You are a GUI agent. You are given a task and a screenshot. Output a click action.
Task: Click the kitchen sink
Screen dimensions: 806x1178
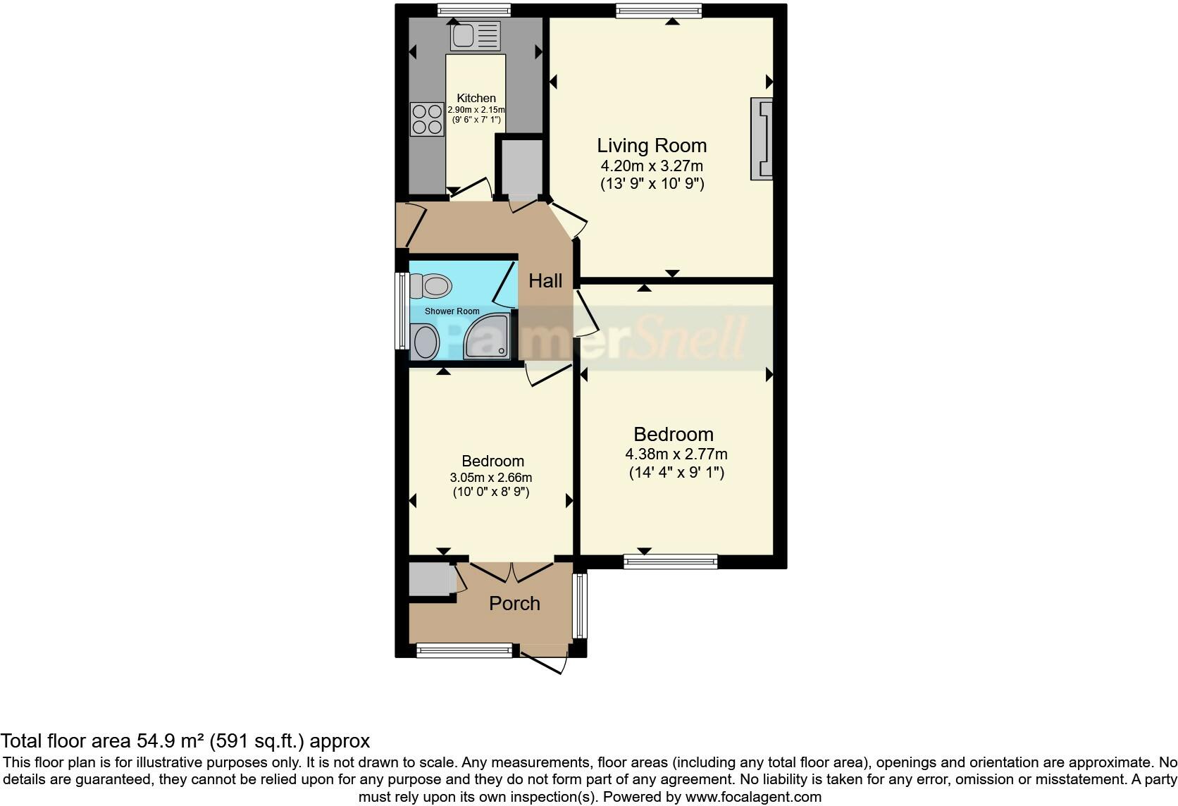[476, 36]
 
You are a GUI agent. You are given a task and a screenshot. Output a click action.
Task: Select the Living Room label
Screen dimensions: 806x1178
[652, 146]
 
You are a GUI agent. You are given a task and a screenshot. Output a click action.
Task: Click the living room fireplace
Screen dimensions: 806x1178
[762, 139]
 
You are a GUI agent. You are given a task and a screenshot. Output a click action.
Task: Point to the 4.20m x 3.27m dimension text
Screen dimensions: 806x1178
[652, 166]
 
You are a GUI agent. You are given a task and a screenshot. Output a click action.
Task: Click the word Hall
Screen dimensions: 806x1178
[545, 281]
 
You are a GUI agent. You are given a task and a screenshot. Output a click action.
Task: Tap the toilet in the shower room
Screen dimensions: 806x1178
[431, 287]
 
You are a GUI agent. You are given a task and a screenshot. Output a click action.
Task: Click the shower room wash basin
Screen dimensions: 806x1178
[426, 342]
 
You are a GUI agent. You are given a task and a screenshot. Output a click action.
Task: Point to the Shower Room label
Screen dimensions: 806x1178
[452, 311]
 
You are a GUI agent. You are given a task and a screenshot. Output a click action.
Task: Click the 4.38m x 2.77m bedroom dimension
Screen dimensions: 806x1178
[676, 454]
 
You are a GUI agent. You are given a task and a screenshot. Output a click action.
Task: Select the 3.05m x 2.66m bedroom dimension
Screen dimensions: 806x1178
[491, 478]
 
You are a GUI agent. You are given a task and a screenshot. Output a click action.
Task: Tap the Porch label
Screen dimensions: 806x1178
[514, 604]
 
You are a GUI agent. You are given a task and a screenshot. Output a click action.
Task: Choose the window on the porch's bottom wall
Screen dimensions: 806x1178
[464, 650]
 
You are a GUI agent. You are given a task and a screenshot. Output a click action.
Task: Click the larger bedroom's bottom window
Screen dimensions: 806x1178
[670, 562]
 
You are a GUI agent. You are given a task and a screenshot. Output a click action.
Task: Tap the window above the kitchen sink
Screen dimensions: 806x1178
[473, 10]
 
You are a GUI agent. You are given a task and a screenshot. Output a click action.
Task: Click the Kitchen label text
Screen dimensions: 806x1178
[476, 98]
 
